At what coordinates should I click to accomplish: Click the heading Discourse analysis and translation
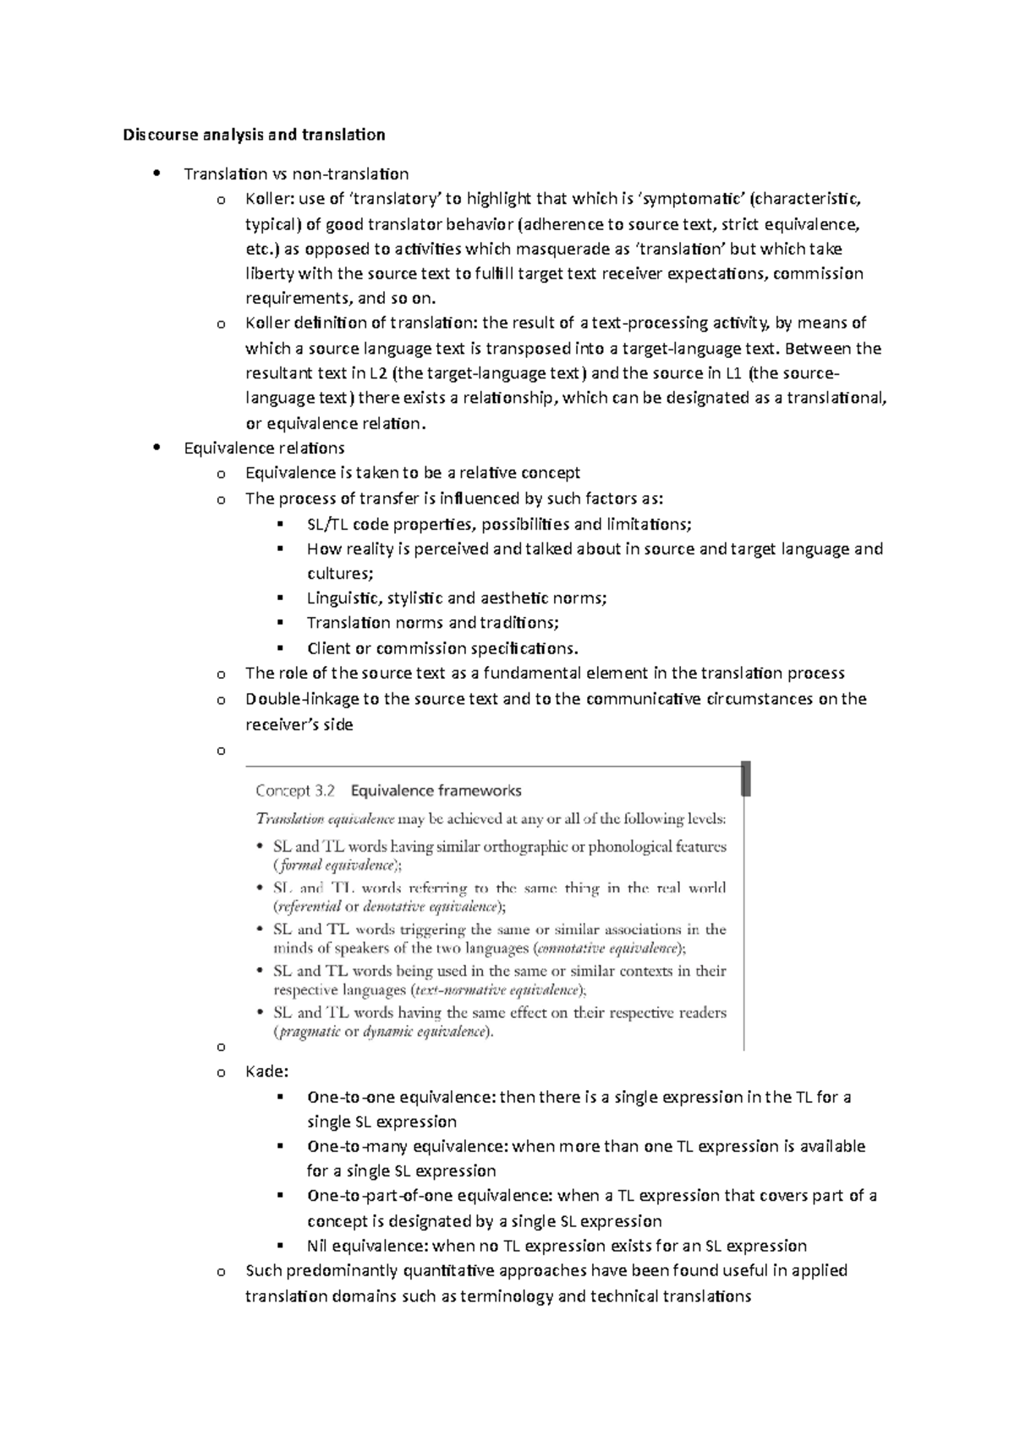click(254, 135)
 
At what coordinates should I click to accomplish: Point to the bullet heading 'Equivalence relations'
click(264, 449)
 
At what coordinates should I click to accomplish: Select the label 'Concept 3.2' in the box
click(295, 791)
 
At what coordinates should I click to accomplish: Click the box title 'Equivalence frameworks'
click(436, 791)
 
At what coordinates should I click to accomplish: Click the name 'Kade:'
click(266, 1072)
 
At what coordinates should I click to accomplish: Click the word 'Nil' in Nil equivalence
click(317, 1246)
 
